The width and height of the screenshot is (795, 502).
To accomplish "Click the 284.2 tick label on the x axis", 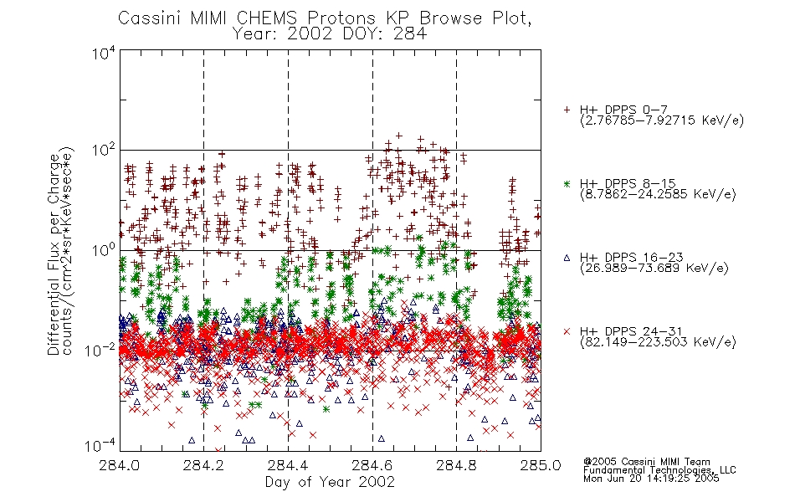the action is (203, 465).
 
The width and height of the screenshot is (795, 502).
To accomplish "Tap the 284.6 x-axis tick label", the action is (372, 465).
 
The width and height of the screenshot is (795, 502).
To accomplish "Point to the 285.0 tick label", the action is (541, 465).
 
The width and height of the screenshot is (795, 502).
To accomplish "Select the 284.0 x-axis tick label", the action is (119, 465).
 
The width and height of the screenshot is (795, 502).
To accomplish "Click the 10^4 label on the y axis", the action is (104, 53).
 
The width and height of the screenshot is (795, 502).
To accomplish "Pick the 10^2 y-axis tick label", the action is (104, 151).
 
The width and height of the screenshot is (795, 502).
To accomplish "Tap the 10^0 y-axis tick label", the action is (104, 250).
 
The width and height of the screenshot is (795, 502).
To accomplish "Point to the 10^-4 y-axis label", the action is (100, 446).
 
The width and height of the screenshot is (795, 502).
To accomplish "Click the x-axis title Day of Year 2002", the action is (330, 482).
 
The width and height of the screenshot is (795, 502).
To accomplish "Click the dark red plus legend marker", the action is (567, 110).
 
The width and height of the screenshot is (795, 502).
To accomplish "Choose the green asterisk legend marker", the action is (567, 183).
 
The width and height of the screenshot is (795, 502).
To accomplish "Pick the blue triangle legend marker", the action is (567, 258).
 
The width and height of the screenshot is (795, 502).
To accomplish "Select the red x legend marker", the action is (567, 331).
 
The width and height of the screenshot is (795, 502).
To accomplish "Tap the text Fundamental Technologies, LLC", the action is (659, 470).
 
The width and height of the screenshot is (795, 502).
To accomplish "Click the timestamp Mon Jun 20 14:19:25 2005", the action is (651, 479).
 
